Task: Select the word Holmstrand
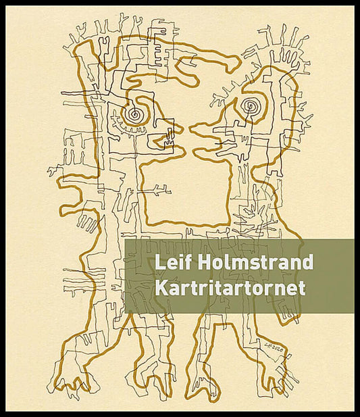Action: pos(253,262)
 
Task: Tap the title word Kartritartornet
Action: pos(230,287)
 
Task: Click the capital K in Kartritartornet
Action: pos(161,287)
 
